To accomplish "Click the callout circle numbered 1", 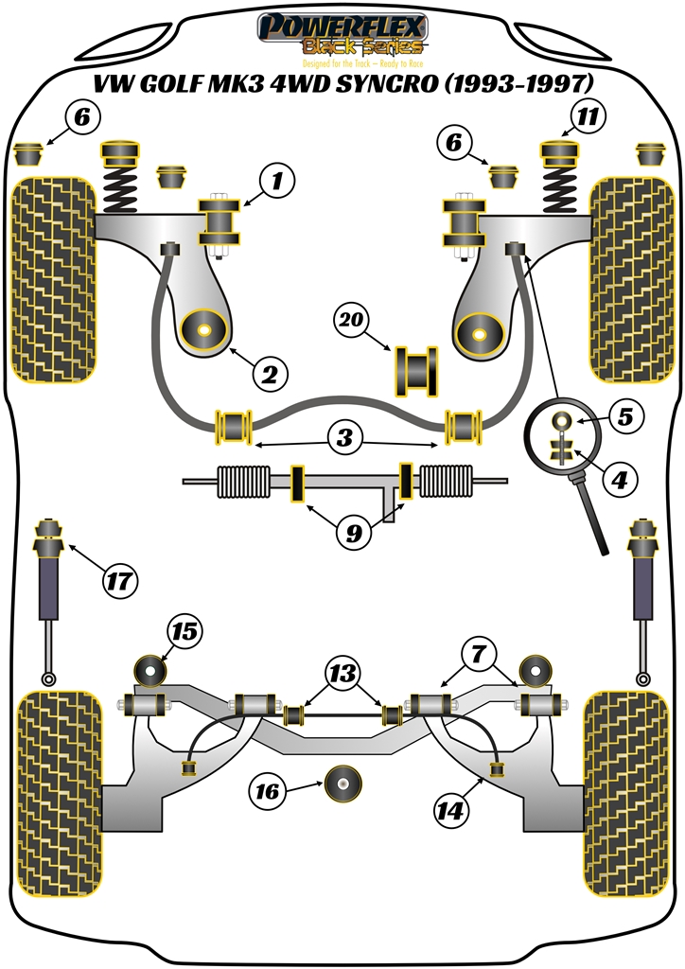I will point(277,180).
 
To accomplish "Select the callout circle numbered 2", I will point(270,375).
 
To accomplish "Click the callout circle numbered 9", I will point(353,534).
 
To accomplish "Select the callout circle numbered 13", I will point(342,674).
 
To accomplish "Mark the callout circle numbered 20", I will point(353,321).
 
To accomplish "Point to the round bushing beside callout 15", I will point(149,670).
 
